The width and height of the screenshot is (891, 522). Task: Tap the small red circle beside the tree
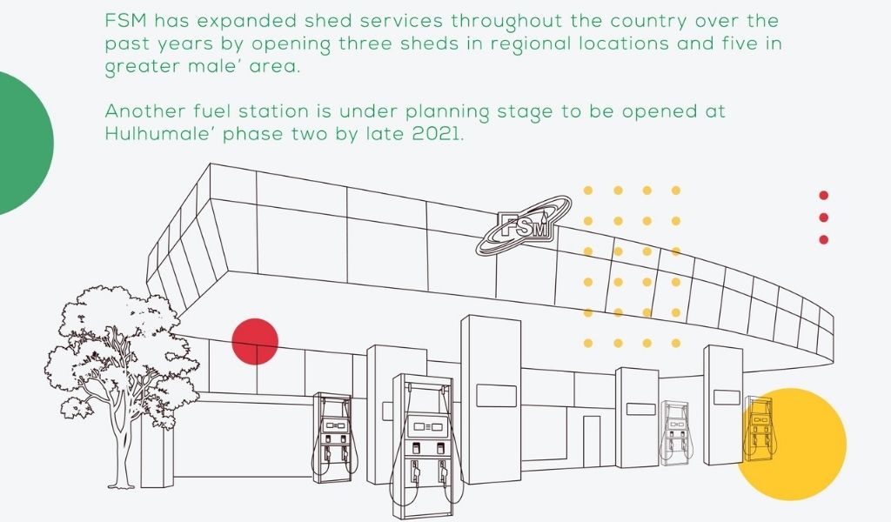tap(255, 341)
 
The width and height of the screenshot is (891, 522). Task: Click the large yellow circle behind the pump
tap(791, 445)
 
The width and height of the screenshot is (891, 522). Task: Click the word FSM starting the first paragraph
tap(126, 21)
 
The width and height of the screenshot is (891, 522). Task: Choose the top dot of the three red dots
tap(823, 196)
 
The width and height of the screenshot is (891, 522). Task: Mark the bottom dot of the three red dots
tap(823, 240)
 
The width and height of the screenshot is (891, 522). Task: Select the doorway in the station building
tap(592, 441)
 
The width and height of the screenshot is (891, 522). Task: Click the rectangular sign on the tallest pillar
tap(496, 396)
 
